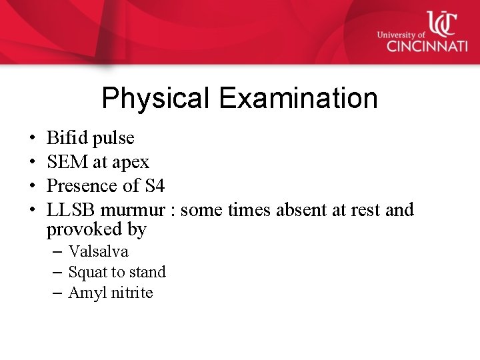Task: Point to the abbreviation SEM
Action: pyautogui.click(x=65, y=162)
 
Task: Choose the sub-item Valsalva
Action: pyautogui.click(x=98, y=252)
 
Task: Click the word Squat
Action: pyautogui.click(x=87, y=273)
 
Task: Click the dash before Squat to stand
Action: pyautogui.click(x=57, y=273)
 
